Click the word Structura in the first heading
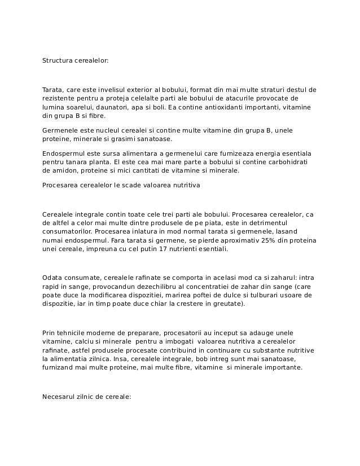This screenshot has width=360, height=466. (56, 59)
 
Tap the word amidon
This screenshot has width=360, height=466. (60, 170)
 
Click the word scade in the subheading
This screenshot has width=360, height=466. (118, 184)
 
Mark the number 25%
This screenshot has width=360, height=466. (263, 240)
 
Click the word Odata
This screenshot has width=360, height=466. (51, 278)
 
